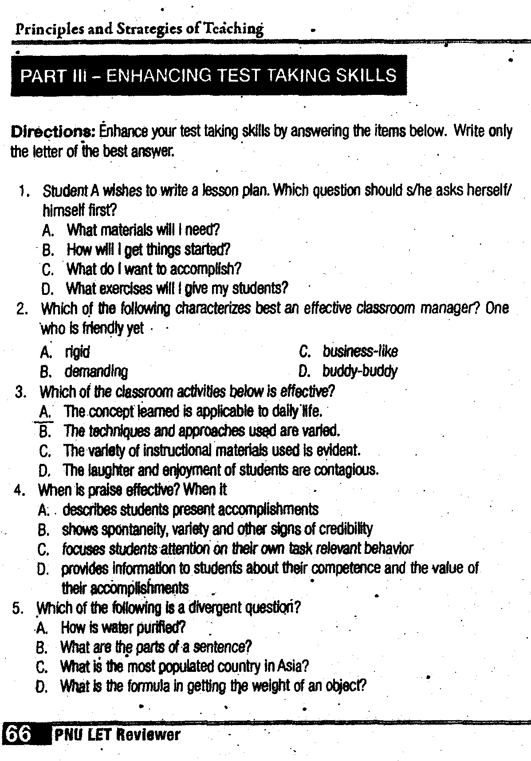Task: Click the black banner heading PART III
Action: click(208, 75)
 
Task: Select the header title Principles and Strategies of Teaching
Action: click(139, 29)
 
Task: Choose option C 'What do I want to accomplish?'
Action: click(153, 269)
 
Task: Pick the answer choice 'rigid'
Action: click(77, 352)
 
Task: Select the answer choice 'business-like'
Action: click(360, 352)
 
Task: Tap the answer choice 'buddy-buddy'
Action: click(360, 371)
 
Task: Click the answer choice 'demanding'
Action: click(96, 372)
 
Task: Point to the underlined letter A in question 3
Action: click(44, 412)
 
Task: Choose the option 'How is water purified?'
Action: click(123, 627)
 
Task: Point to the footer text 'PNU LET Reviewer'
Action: click(117, 735)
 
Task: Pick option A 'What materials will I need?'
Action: click(143, 230)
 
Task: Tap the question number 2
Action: click(21, 309)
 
